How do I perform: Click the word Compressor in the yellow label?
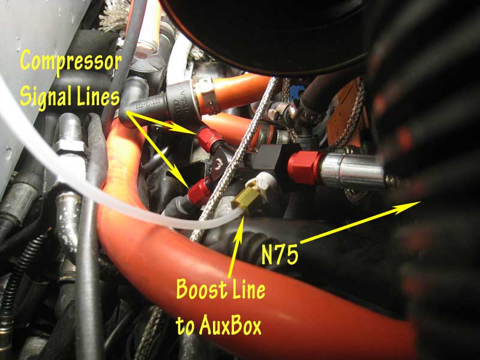[x=71, y=61]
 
